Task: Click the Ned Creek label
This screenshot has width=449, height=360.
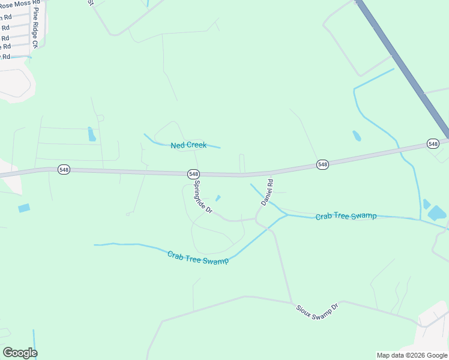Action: point(188,145)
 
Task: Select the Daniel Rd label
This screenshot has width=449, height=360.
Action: point(267,192)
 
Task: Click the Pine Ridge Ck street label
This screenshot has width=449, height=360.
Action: point(36,28)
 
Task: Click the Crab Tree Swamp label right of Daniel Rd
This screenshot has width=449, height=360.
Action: point(346,215)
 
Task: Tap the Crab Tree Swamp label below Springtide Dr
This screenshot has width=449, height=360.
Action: point(198,257)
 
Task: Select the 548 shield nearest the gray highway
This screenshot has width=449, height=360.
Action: point(433,143)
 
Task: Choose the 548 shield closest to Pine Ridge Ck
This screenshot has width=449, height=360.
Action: point(64,170)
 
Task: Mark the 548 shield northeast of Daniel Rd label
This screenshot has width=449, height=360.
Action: point(322,164)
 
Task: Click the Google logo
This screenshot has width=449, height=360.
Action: point(20,352)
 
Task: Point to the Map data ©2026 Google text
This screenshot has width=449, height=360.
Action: point(412,355)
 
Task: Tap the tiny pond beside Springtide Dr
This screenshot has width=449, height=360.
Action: point(218,198)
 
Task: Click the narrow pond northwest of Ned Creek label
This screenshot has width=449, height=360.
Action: point(91,134)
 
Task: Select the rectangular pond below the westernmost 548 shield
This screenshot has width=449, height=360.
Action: point(24,208)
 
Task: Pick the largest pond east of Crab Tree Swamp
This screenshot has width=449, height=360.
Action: point(436,213)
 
